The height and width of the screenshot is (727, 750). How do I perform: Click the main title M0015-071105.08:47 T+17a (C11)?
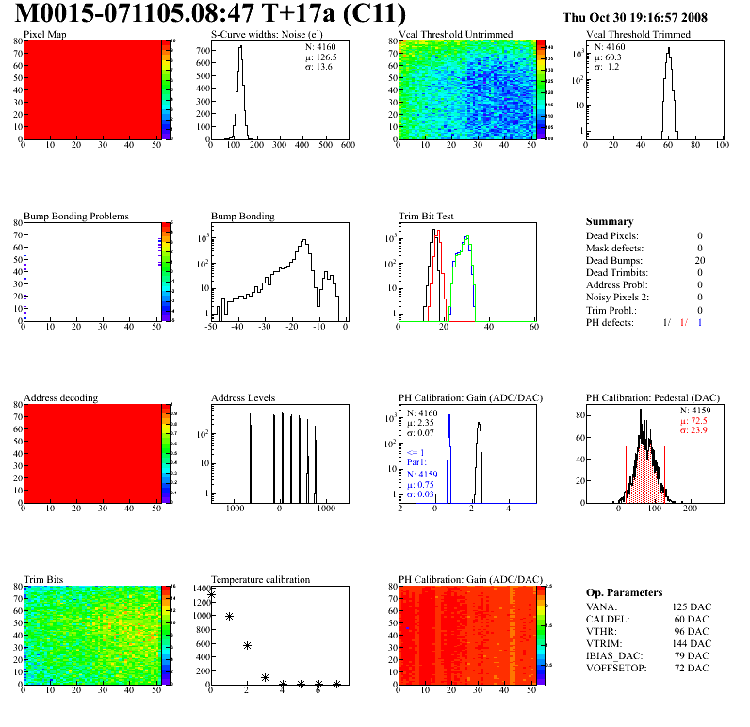pyautogui.click(x=210, y=14)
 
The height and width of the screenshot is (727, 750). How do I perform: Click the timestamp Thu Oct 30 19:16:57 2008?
pyautogui.click(x=634, y=17)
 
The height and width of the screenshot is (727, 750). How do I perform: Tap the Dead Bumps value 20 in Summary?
pyautogui.click(x=699, y=260)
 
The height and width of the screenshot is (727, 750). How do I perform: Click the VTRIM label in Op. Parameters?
pyautogui.click(x=603, y=644)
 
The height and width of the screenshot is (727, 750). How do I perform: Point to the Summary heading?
pyautogui.click(x=610, y=222)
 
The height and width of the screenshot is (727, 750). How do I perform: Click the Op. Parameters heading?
pyautogui.click(x=624, y=592)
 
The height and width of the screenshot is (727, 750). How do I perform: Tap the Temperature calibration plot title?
pyautogui.click(x=261, y=579)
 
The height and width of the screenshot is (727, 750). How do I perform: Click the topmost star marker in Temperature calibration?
pyautogui.click(x=211, y=594)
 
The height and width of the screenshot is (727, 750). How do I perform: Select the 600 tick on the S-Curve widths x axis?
pyautogui.click(x=347, y=146)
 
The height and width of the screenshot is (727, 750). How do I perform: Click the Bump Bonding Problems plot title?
pyautogui.click(x=76, y=216)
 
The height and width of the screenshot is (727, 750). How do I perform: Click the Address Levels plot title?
pyautogui.click(x=244, y=397)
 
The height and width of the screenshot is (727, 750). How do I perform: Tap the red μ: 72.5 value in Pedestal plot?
pyautogui.click(x=696, y=420)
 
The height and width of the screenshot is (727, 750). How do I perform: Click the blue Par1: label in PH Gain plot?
pyautogui.click(x=416, y=461)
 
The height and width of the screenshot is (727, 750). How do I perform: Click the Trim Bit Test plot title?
pyautogui.click(x=427, y=216)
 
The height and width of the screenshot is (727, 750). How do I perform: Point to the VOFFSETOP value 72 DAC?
pyautogui.click(x=691, y=669)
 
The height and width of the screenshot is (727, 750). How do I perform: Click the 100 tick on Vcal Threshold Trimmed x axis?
pyautogui.click(x=723, y=146)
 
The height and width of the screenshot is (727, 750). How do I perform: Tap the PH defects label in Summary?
pyautogui.click(x=612, y=322)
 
